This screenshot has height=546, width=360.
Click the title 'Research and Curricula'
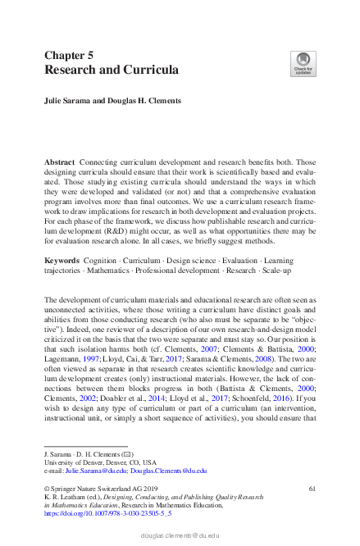tap(112, 71)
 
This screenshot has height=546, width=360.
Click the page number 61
tap(312, 489)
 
